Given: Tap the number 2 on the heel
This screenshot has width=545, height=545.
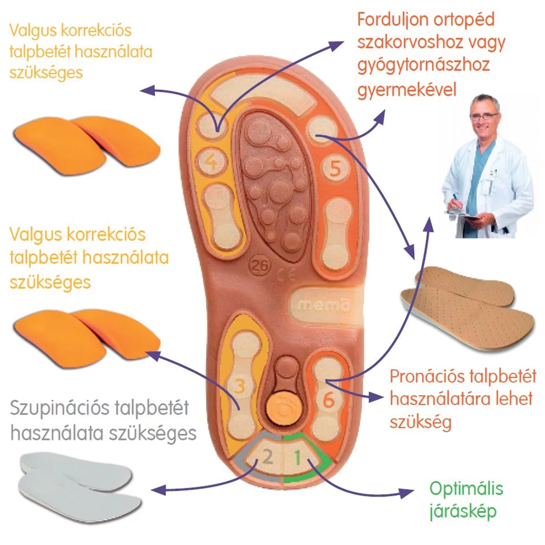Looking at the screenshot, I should [267, 456].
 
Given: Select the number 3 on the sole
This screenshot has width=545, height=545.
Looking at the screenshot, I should [238, 386].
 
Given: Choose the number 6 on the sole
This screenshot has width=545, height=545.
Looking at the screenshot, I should [329, 399].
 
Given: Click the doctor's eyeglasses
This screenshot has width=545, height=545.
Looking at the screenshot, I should [483, 116].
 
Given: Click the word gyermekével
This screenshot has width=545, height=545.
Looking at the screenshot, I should [407, 89].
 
